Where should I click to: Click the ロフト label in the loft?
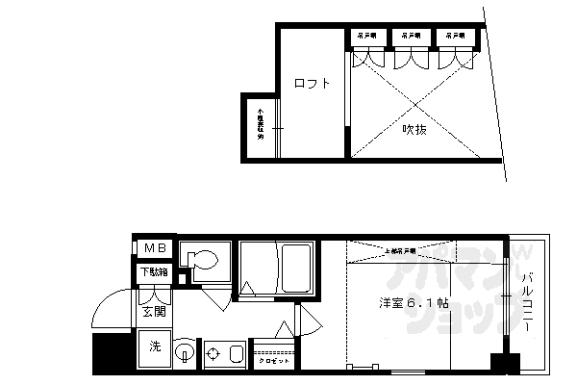[x=313, y=84]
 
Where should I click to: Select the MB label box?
[x=154, y=249]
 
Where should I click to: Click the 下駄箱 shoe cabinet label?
[x=154, y=272]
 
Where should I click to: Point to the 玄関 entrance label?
[x=154, y=312]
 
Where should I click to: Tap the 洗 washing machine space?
[x=154, y=346]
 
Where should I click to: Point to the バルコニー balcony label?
[x=528, y=304]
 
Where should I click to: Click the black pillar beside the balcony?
[x=499, y=365]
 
